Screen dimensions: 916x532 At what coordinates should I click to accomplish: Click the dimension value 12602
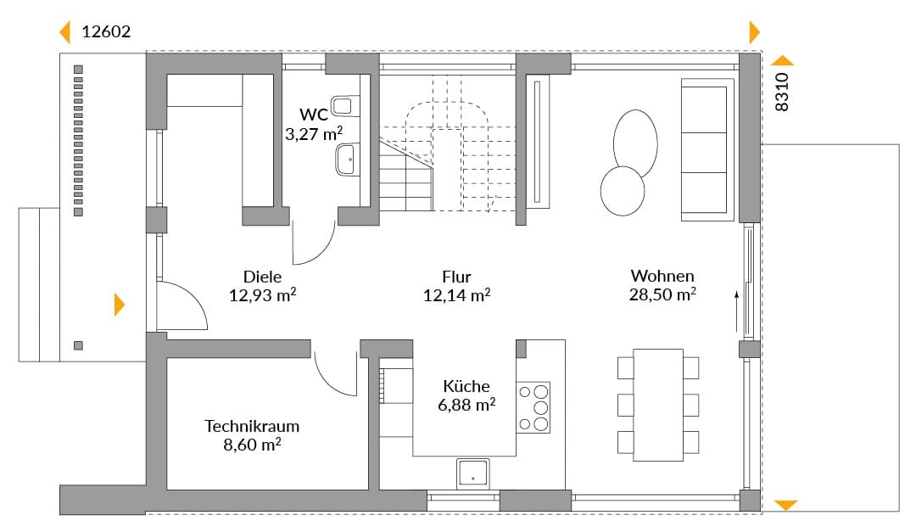pyautogui.click(x=106, y=31)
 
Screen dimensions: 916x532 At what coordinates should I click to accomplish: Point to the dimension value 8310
pyautogui.click(x=782, y=92)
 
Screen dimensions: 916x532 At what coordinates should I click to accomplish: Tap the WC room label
pyautogui.click(x=314, y=114)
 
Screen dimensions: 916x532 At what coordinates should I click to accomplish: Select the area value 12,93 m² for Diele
pyautogui.click(x=262, y=294)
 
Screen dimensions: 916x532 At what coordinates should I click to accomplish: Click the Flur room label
pyautogui.click(x=456, y=277)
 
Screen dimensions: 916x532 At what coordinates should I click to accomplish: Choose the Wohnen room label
pyautogui.click(x=662, y=276)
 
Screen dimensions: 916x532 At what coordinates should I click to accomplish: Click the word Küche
pyautogui.click(x=466, y=386)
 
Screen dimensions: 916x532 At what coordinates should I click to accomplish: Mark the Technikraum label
pyautogui.click(x=252, y=426)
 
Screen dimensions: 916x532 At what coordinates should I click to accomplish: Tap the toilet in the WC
pyautogui.click(x=345, y=106)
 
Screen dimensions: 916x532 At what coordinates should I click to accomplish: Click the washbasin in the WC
pyautogui.click(x=348, y=160)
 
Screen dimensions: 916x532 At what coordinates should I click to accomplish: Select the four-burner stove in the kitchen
pyautogui.click(x=533, y=407)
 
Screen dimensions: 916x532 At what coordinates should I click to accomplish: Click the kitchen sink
pyautogui.click(x=472, y=473)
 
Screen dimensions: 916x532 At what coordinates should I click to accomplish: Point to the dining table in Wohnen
pyautogui.click(x=658, y=405)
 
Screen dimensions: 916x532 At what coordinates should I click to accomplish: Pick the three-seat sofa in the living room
pyautogui.click(x=707, y=149)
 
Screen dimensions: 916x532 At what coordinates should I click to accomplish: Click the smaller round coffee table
pyautogui.click(x=623, y=191)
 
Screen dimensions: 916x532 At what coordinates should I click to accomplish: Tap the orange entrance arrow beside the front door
pyautogui.click(x=120, y=305)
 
